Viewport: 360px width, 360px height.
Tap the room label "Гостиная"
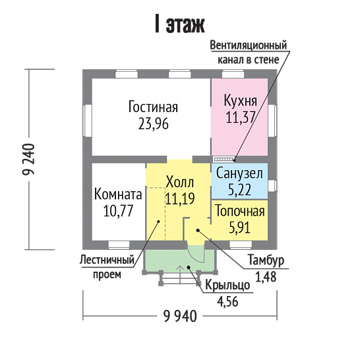click(153, 107)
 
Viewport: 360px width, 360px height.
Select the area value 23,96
click(154, 123)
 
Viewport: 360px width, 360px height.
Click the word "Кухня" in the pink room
click(240, 101)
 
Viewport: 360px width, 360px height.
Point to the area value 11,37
click(241, 117)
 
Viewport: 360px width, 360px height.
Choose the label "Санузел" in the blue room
click(239, 173)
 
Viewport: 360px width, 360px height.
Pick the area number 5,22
click(239, 190)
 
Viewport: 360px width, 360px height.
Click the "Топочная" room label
click(240, 211)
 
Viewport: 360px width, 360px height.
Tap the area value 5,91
click(240, 227)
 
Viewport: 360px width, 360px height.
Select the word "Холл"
click(180, 182)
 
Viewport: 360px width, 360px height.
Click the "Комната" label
click(118, 195)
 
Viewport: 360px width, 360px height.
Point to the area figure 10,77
click(118, 211)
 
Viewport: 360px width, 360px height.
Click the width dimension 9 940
click(180, 316)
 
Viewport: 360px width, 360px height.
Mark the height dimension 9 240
click(28, 160)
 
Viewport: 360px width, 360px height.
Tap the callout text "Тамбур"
click(266, 260)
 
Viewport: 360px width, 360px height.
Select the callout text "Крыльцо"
click(227, 285)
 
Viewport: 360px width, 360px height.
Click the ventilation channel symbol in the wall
click(224, 159)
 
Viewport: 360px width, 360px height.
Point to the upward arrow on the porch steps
click(180, 274)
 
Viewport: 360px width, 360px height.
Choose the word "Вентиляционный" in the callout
click(249, 45)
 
